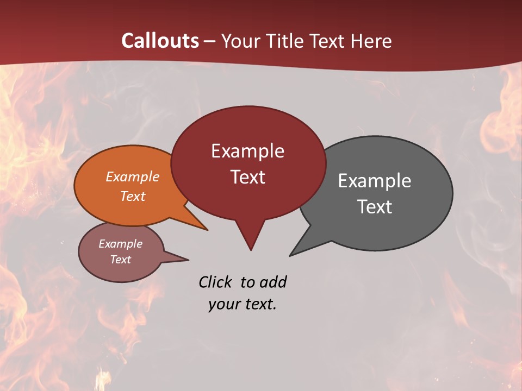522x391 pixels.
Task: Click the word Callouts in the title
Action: tap(160, 41)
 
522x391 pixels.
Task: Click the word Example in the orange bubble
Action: tap(133, 176)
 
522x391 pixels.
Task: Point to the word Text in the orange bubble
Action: tap(133, 196)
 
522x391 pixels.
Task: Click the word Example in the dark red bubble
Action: tap(247, 151)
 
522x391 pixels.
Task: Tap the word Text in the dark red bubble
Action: tap(247, 177)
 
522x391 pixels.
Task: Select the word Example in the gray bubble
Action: tap(375, 181)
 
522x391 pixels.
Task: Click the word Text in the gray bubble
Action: tap(375, 207)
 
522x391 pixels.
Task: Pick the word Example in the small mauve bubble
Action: tap(120, 244)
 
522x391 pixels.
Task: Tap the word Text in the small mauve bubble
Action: tap(120, 260)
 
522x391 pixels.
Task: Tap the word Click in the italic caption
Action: tap(216, 282)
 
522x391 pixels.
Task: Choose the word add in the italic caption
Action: tap(273, 282)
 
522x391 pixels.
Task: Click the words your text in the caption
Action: tap(243, 304)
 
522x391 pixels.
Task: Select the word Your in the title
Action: tap(240, 41)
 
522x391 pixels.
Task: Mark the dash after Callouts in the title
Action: tap(210, 41)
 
